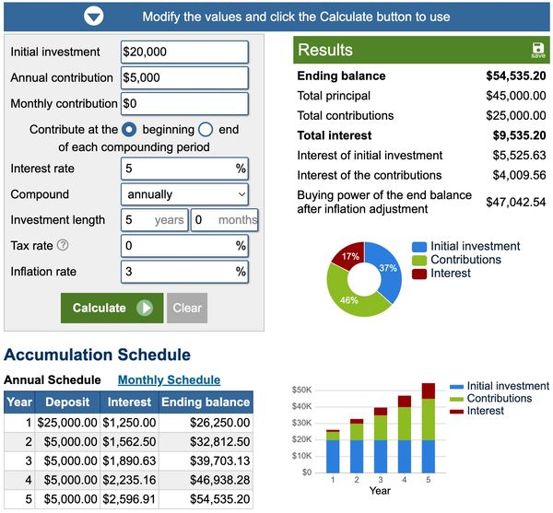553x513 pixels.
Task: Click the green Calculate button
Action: pyautogui.click(x=112, y=308)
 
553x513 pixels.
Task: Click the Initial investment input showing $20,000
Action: pyautogui.click(x=184, y=52)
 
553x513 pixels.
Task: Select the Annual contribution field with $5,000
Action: pyautogui.click(x=184, y=78)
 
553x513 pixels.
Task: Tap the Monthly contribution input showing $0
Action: pyautogui.click(x=184, y=104)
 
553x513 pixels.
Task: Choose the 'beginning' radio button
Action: pyautogui.click(x=130, y=130)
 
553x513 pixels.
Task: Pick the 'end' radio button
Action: pyautogui.click(x=206, y=130)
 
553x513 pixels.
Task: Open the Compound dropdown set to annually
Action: pyautogui.click(x=184, y=194)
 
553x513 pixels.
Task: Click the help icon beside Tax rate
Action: pyautogui.click(x=63, y=246)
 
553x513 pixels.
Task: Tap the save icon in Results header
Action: pyautogui.click(x=537, y=50)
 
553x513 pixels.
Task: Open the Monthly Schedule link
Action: pyautogui.click(x=169, y=379)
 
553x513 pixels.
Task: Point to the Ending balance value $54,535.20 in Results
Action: pyautogui.click(x=515, y=76)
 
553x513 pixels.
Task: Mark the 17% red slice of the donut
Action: pyautogui.click(x=349, y=256)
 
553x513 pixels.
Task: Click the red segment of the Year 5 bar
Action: pyautogui.click(x=429, y=391)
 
